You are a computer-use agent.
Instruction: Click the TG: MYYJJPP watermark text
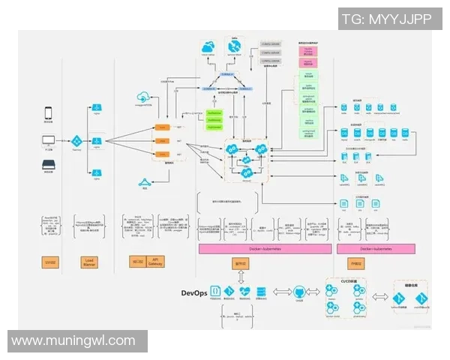[386, 19]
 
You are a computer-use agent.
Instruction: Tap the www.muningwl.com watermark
[73, 340]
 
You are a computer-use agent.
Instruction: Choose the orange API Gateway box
[155, 262]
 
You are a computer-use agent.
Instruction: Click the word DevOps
[193, 292]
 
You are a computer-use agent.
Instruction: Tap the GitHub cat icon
[298, 291]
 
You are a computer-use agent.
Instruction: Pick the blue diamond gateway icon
[76, 141]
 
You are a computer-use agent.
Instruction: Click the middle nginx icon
[97, 141]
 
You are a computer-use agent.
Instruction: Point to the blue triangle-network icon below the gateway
[144, 182]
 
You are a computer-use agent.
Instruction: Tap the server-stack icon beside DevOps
[260, 291]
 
